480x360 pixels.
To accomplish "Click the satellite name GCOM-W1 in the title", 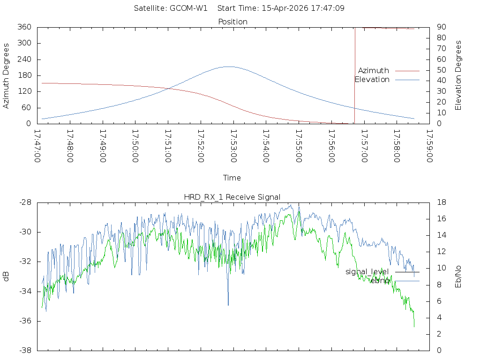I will [188, 8].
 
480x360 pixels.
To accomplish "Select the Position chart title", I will [232, 22].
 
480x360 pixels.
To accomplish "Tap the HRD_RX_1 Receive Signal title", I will [232, 197].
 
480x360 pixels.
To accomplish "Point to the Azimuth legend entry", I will [374, 71].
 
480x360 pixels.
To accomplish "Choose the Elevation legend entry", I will [372, 80].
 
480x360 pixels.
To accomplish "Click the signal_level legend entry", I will [367, 272].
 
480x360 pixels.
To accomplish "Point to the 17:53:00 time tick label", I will [233, 145].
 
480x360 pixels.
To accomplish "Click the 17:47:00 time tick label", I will [37, 145].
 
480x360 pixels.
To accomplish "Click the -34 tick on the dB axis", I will [24, 292].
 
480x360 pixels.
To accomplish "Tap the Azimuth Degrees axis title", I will [7, 75].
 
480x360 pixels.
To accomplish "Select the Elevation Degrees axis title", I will [458, 75].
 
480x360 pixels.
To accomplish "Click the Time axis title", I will [232, 178].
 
